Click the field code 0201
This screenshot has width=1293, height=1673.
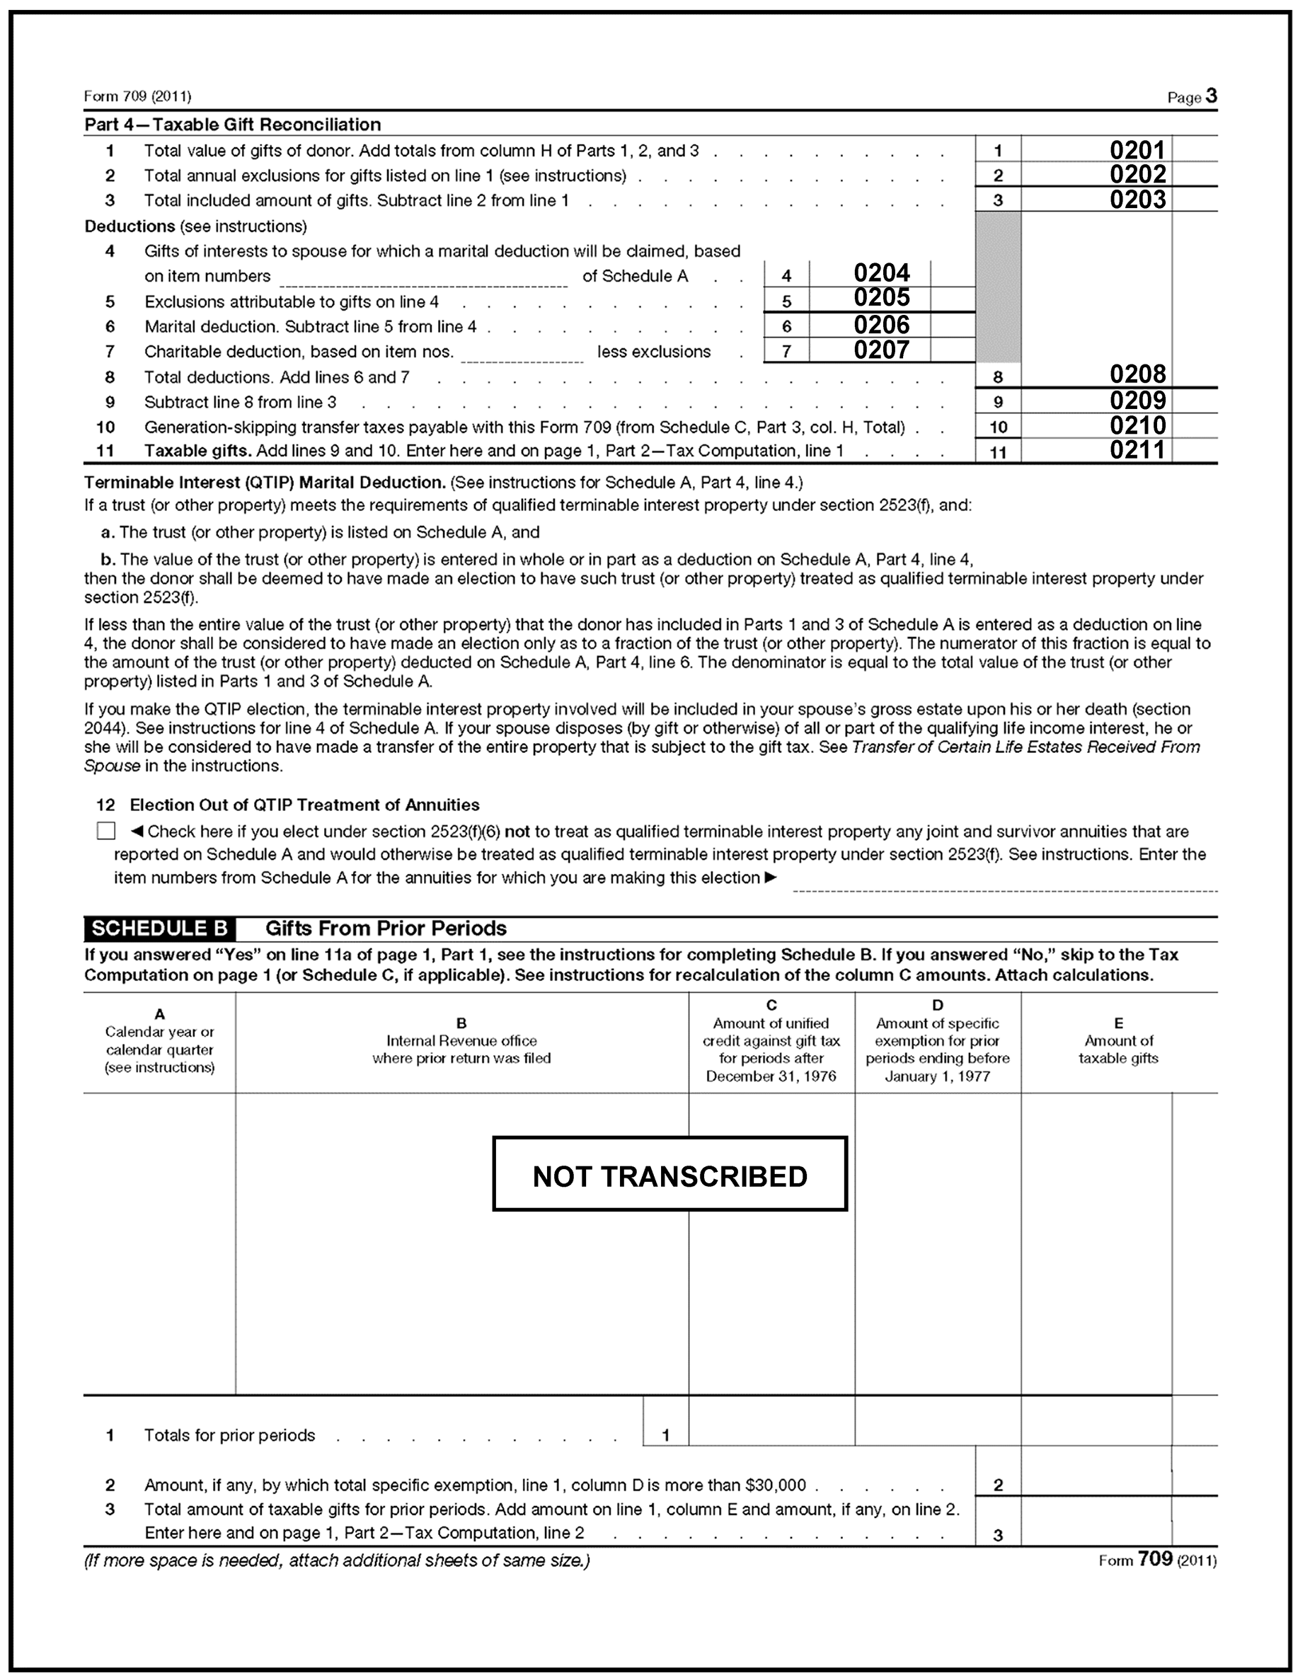(1137, 149)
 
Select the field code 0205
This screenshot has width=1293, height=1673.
(881, 297)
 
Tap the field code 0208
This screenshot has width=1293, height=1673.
(1137, 374)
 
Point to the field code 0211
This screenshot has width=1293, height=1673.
(1137, 449)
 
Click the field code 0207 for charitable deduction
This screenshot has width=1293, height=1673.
(881, 350)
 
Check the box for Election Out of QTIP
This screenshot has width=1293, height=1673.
(106, 831)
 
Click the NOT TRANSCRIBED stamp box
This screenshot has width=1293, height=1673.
(670, 1177)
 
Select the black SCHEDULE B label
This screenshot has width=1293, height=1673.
(159, 929)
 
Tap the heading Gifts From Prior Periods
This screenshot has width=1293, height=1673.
(386, 929)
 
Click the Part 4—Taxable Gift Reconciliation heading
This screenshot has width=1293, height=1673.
(233, 124)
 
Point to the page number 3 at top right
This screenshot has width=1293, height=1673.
(1210, 96)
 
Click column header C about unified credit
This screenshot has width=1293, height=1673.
(771, 1041)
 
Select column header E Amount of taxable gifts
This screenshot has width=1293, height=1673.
(1118, 1041)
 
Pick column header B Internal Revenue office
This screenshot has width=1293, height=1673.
(461, 1041)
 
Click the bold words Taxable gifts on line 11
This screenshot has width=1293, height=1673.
(197, 450)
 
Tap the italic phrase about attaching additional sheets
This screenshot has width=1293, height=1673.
(337, 1560)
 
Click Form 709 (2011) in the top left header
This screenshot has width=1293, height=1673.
(138, 96)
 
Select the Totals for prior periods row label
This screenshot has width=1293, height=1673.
(230, 1435)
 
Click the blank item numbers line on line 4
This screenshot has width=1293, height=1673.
(423, 279)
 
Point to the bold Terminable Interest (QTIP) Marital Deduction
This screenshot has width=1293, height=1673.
(265, 483)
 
